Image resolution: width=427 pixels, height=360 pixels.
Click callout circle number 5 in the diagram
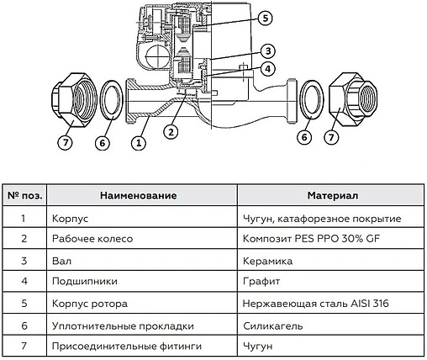[265, 18]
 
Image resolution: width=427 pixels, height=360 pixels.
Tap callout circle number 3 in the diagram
[267, 50]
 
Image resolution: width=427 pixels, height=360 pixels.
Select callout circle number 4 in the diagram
[267, 68]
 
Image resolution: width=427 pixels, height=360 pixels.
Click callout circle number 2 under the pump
[171, 131]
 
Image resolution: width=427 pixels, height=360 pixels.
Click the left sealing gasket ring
[110, 99]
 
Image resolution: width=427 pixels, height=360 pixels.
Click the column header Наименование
[138, 195]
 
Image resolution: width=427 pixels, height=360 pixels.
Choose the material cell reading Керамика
[264, 261]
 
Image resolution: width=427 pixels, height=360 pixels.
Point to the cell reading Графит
[259, 283]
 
